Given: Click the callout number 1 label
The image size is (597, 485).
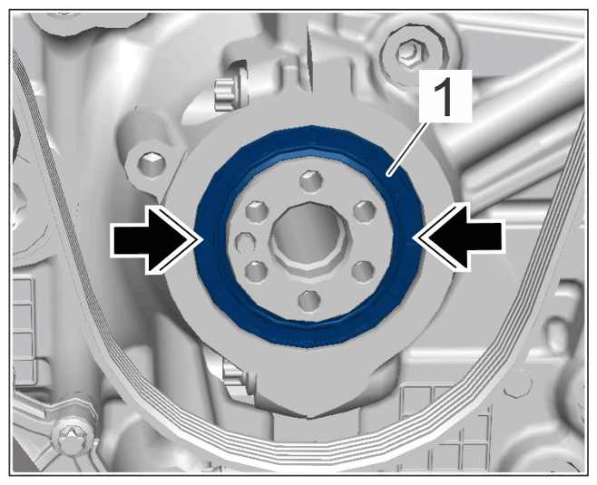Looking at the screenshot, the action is click(x=445, y=95).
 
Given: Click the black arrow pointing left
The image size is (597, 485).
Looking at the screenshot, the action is click(x=459, y=238).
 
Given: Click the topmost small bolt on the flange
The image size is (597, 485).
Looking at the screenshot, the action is click(x=311, y=181).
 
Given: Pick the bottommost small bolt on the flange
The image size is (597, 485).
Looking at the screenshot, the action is click(x=308, y=301).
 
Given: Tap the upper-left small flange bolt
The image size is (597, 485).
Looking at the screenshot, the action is click(x=258, y=210).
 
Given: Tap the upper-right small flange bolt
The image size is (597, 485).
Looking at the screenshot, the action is click(x=365, y=210).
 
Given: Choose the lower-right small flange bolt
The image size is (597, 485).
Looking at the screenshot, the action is click(x=363, y=271).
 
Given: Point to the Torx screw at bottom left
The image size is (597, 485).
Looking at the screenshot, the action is click(x=72, y=437).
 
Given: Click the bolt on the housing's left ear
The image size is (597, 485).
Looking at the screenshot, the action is click(x=152, y=163).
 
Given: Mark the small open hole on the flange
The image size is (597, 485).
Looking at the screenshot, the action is click(x=244, y=243).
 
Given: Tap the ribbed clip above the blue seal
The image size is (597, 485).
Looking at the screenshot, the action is click(x=224, y=93).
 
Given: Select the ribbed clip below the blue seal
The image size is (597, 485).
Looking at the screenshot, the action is click(x=234, y=374).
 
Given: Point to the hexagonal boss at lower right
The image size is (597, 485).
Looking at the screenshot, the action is click(x=517, y=382).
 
